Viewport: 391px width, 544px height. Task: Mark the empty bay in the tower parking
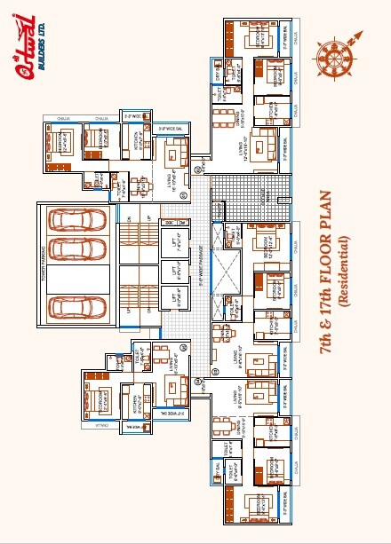[x=76, y=276]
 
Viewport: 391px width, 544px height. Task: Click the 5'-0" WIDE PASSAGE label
[x=198, y=275]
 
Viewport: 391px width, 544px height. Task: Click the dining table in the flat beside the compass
[x=229, y=117]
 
